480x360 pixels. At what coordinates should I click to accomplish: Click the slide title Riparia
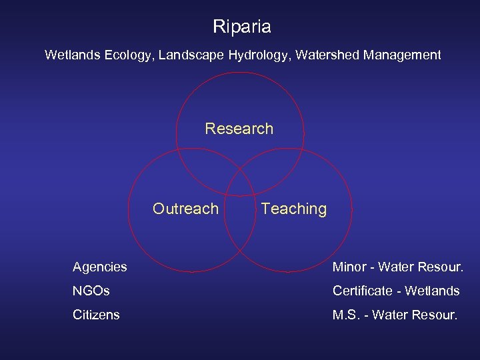click(241, 27)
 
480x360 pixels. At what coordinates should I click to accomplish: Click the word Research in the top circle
click(239, 129)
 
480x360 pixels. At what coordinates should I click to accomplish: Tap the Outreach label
click(185, 209)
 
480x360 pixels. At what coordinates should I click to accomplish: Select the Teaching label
click(294, 209)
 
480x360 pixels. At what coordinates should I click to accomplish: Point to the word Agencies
click(99, 267)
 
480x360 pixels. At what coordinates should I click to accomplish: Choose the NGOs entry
click(91, 291)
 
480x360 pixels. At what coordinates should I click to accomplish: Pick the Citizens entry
click(96, 315)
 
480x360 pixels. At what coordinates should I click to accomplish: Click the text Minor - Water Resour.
click(397, 267)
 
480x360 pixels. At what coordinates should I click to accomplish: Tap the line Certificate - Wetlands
click(396, 291)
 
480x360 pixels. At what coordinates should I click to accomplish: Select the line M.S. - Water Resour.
click(395, 315)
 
